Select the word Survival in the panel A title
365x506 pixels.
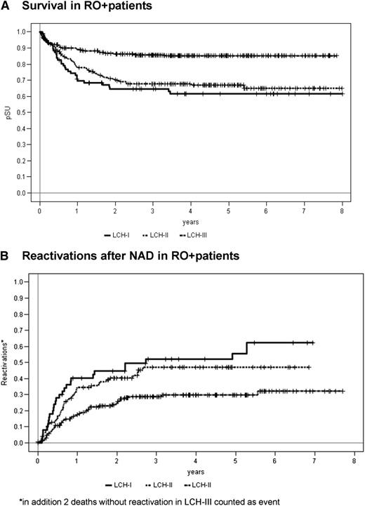tap(47, 7)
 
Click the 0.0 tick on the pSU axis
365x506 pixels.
tap(21, 193)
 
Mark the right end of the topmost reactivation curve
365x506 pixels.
tap(314, 342)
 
